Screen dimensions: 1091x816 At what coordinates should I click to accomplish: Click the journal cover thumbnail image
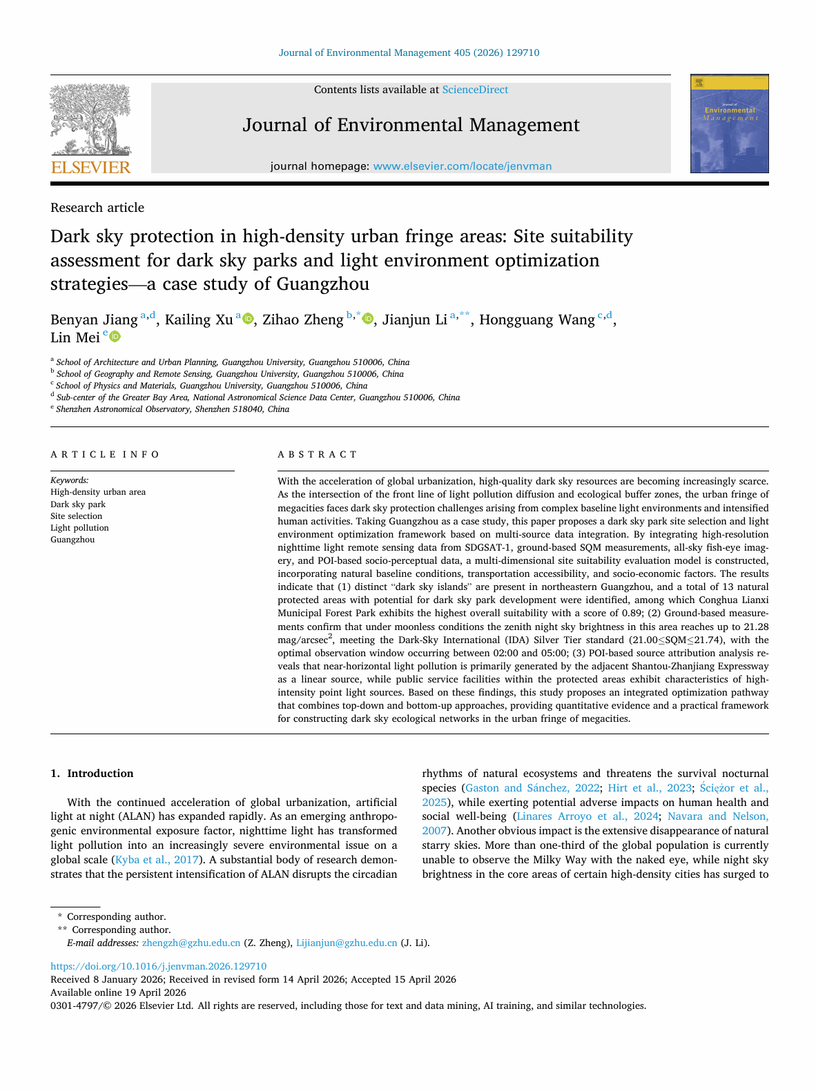729,124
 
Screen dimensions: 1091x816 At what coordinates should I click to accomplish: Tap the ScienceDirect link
475,90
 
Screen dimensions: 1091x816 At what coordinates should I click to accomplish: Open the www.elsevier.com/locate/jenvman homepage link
462,166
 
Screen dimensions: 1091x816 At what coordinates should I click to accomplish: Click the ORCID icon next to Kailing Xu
248,319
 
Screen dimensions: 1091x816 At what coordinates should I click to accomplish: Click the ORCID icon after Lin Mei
115,337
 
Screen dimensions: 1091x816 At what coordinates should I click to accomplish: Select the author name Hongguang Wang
536,320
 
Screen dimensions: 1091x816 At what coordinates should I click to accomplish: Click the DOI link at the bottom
158,966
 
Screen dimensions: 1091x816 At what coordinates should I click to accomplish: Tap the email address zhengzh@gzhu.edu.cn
191,943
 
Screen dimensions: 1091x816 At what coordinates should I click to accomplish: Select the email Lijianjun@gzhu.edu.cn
347,943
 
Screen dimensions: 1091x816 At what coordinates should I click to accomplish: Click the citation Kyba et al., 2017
157,860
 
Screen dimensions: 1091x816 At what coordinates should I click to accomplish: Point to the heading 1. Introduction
92,774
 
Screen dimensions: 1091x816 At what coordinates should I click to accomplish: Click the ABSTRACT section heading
318,455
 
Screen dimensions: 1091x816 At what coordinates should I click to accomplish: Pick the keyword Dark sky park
78,504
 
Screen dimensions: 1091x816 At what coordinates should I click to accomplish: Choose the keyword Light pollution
79,528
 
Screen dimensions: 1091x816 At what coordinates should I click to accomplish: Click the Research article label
97,208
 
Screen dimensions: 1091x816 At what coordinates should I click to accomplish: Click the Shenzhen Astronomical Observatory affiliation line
173,409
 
